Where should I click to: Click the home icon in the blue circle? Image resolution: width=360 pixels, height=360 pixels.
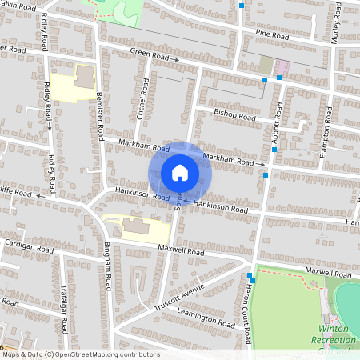point(179,173)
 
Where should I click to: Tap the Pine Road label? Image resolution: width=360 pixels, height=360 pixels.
point(272,34)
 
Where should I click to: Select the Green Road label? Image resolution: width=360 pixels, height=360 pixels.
point(150,57)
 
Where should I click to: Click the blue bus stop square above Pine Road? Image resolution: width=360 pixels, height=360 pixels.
point(242,6)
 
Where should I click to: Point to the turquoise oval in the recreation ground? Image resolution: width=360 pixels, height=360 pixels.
point(349,301)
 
